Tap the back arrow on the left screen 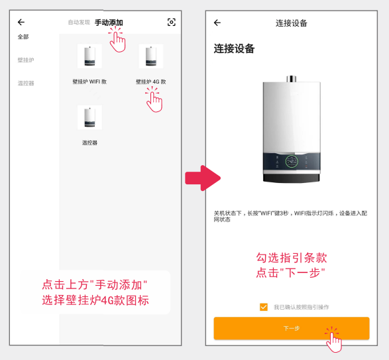pyautogui.click(x=21, y=22)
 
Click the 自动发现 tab pyautogui.click(x=79, y=23)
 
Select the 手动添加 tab pyautogui.click(x=108, y=23)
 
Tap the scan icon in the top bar pyautogui.click(x=172, y=23)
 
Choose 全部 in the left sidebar pyautogui.click(x=23, y=37)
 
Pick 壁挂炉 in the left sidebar pyautogui.click(x=25, y=60)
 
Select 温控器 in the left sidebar pyautogui.click(x=26, y=83)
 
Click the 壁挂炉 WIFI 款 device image pyautogui.click(x=89, y=56)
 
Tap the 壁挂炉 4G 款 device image pyautogui.click(x=151, y=56)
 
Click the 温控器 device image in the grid pyautogui.click(x=89, y=117)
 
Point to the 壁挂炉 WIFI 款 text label pyautogui.click(x=89, y=82)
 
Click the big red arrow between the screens pyautogui.click(x=201, y=178)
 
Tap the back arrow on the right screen pyautogui.click(x=217, y=23)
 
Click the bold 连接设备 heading pyautogui.click(x=234, y=49)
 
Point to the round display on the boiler pyautogui.click(x=292, y=161)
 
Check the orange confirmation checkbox pyautogui.click(x=264, y=306)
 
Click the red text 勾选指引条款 pyautogui.click(x=292, y=258)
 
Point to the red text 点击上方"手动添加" pyautogui.click(x=95, y=284)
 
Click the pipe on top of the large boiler pyautogui.click(x=292, y=79)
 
